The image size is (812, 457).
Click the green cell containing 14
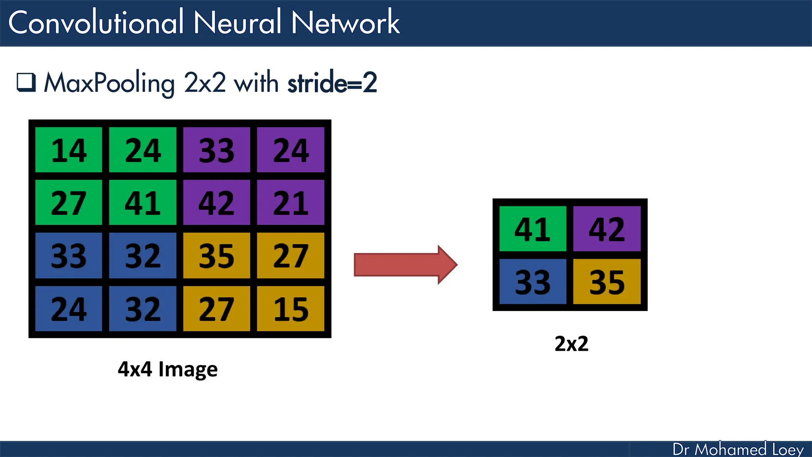click(x=69, y=150)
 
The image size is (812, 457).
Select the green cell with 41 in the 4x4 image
click(x=143, y=203)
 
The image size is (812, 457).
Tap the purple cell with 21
click(x=291, y=203)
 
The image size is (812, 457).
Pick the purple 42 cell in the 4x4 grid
click(x=216, y=203)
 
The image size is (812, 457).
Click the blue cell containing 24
click(x=69, y=309)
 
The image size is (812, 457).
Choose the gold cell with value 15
click(x=291, y=309)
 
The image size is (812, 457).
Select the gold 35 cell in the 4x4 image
click(x=216, y=255)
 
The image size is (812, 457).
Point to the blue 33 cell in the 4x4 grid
click(x=69, y=255)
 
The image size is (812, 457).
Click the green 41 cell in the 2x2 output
click(x=532, y=229)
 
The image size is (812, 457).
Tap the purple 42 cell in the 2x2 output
click(x=607, y=229)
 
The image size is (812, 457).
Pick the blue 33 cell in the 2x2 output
click(x=532, y=282)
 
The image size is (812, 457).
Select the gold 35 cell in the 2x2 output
click(x=607, y=282)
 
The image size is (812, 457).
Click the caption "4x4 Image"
click(x=168, y=369)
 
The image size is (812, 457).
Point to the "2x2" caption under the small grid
click(x=571, y=344)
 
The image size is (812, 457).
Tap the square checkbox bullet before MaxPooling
click(x=26, y=83)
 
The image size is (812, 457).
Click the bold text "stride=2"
click(x=332, y=83)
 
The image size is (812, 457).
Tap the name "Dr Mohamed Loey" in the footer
click(x=738, y=449)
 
